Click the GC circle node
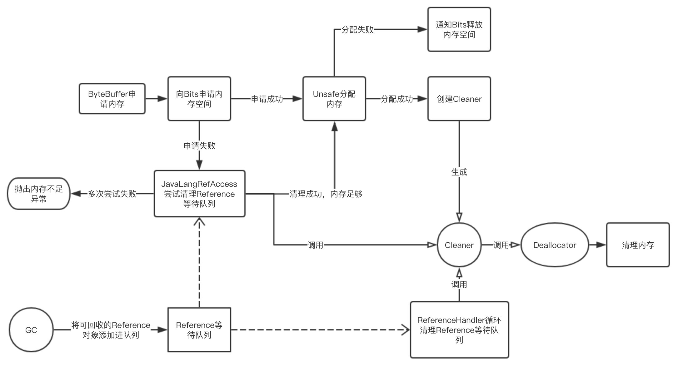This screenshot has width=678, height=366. [x=31, y=330]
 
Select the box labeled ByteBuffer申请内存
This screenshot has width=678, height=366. [x=112, y=99]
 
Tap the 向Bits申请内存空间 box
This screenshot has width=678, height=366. [x=199, y=99]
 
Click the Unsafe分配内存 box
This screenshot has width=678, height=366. [x=334, y=99]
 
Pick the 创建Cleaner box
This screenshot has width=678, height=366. [x=459, y=99]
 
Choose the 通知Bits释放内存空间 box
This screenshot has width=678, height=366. [x=459, y=29]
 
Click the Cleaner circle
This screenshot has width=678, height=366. [x=459, y=245]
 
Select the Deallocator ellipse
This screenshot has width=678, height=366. [x=555, y=245]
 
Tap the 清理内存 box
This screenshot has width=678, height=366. [x=638, y=245]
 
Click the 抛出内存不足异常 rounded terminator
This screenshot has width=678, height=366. [x=39, y=194]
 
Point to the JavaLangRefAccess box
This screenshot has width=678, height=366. [x=199, y=194]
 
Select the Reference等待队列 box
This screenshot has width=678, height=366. [x=199, y=330]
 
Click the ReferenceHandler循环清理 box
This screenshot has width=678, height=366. [x=459, y=330]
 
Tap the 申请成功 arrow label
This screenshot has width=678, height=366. [x=267, y=99]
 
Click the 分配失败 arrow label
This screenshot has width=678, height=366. [x=357, y=30]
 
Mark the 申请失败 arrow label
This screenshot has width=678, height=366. [x=199, y=146]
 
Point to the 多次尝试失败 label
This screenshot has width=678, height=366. [x=112, y=194]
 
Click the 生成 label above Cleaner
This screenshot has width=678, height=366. [x=459, y=172]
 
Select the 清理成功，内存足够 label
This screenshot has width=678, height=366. [x=326, y=194]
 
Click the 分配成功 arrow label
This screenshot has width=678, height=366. [x=397, y=99]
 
